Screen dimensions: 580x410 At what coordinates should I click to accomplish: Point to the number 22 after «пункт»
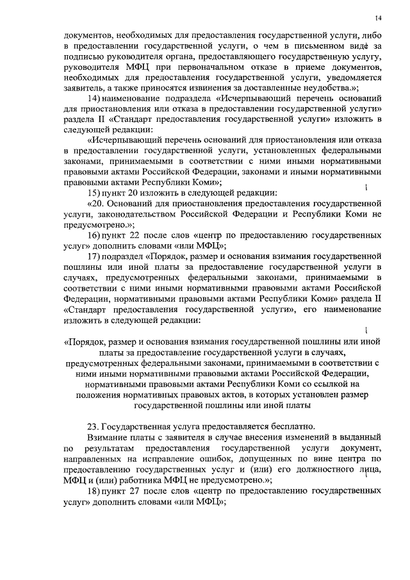[x=154, y=235]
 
